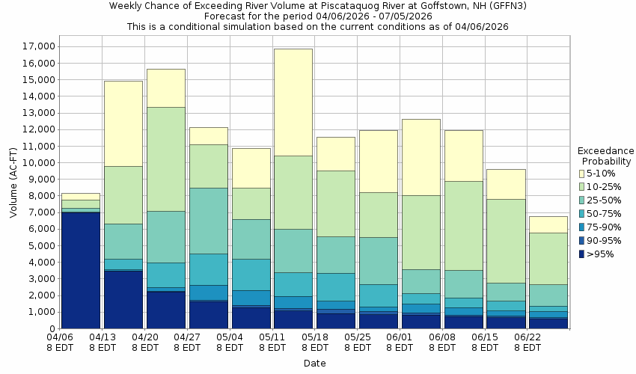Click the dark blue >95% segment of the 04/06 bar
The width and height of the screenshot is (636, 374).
80,270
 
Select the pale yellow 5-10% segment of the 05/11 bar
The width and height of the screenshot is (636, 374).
293,102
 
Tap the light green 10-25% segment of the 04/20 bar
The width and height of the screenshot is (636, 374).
165,159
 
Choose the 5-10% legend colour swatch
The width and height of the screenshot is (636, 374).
581,173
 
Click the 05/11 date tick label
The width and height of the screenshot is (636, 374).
273,343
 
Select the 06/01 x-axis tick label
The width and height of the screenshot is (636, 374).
401,343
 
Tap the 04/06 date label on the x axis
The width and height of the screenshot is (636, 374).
61,343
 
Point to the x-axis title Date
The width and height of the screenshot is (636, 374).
314,364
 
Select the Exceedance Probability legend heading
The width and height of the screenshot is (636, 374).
606,156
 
